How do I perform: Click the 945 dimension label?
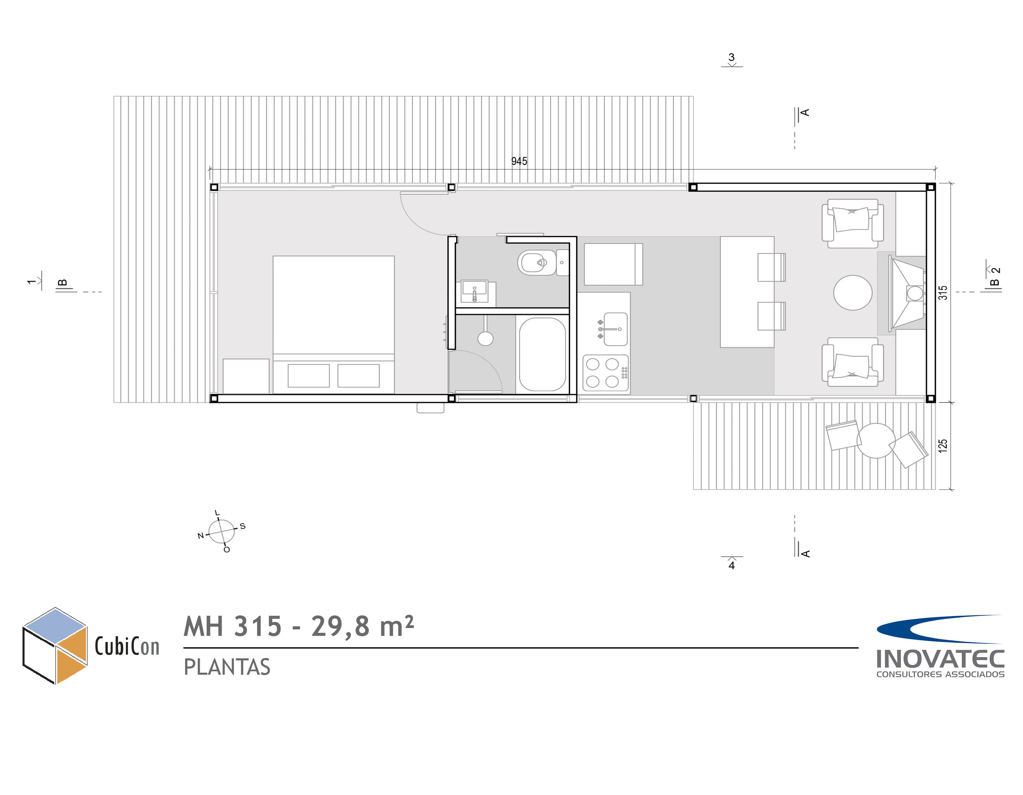click(x=519, y=161)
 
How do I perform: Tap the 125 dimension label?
click(x=943, y=445)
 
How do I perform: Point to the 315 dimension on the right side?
click(x=943, y=293)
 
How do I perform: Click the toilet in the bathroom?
click(x=543, y=263)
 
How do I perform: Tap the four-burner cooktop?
click(x=606, y=373)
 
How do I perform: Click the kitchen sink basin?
click(x=616, y=329)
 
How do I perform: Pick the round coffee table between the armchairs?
click(x=853, y=293)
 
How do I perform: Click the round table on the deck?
click(x=876, y=441)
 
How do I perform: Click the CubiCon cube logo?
click(x=55, y=646)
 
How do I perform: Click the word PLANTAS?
click(x=227, y=667)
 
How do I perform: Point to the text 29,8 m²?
click(x=362, y=626)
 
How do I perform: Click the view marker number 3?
click(x=731, y=57)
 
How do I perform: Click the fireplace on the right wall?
click(x=907, y=293)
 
